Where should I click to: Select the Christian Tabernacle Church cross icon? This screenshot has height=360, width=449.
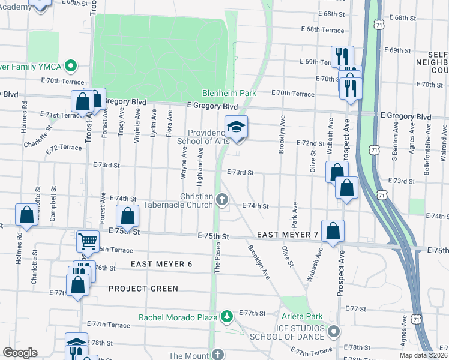(x=222, y=200)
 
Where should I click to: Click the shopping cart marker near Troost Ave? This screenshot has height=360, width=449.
(x=88, y=241)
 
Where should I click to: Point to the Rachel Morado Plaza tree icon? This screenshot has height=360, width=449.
(x=227, y=316)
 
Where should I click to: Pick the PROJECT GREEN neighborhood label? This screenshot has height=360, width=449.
(x=143, y=289)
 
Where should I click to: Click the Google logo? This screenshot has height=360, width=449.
(x=20, y=353)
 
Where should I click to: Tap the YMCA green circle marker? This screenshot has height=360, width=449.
(x=71, y=65)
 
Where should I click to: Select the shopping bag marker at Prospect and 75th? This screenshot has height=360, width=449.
(x=333, y=231)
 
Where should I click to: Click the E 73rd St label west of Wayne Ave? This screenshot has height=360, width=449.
(x=106, y=164)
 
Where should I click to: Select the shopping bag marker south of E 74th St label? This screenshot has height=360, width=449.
(x=127, y=217)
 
